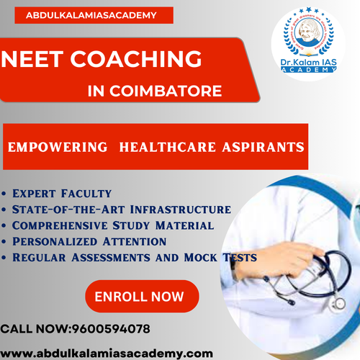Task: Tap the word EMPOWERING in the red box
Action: [58, 147]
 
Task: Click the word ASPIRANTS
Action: [258, 147]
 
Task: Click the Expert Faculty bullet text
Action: [61, 193]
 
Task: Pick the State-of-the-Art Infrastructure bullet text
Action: [121, 209]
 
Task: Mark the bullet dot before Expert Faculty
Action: [6, 194]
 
